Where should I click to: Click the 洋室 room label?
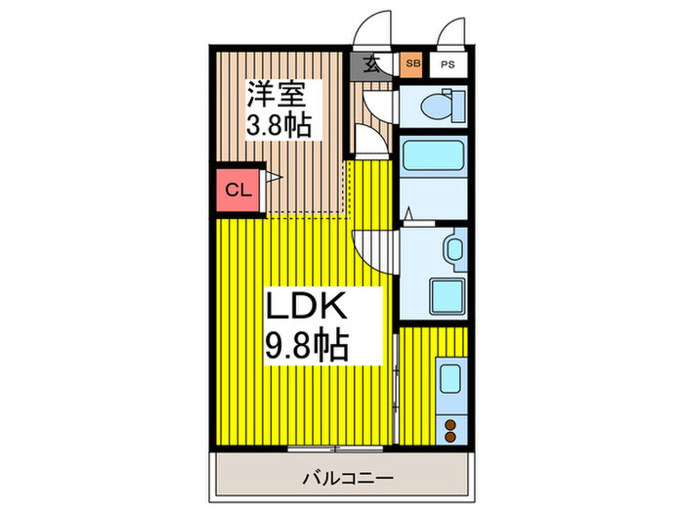(278, 97)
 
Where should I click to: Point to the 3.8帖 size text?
(278, 127)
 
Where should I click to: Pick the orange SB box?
(411, 64)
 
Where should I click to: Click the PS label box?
(448, 64)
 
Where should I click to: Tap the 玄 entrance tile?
(372, 65)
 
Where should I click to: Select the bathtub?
(433, 156)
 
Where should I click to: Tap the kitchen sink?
(450, 377)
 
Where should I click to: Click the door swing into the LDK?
(373, 251)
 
